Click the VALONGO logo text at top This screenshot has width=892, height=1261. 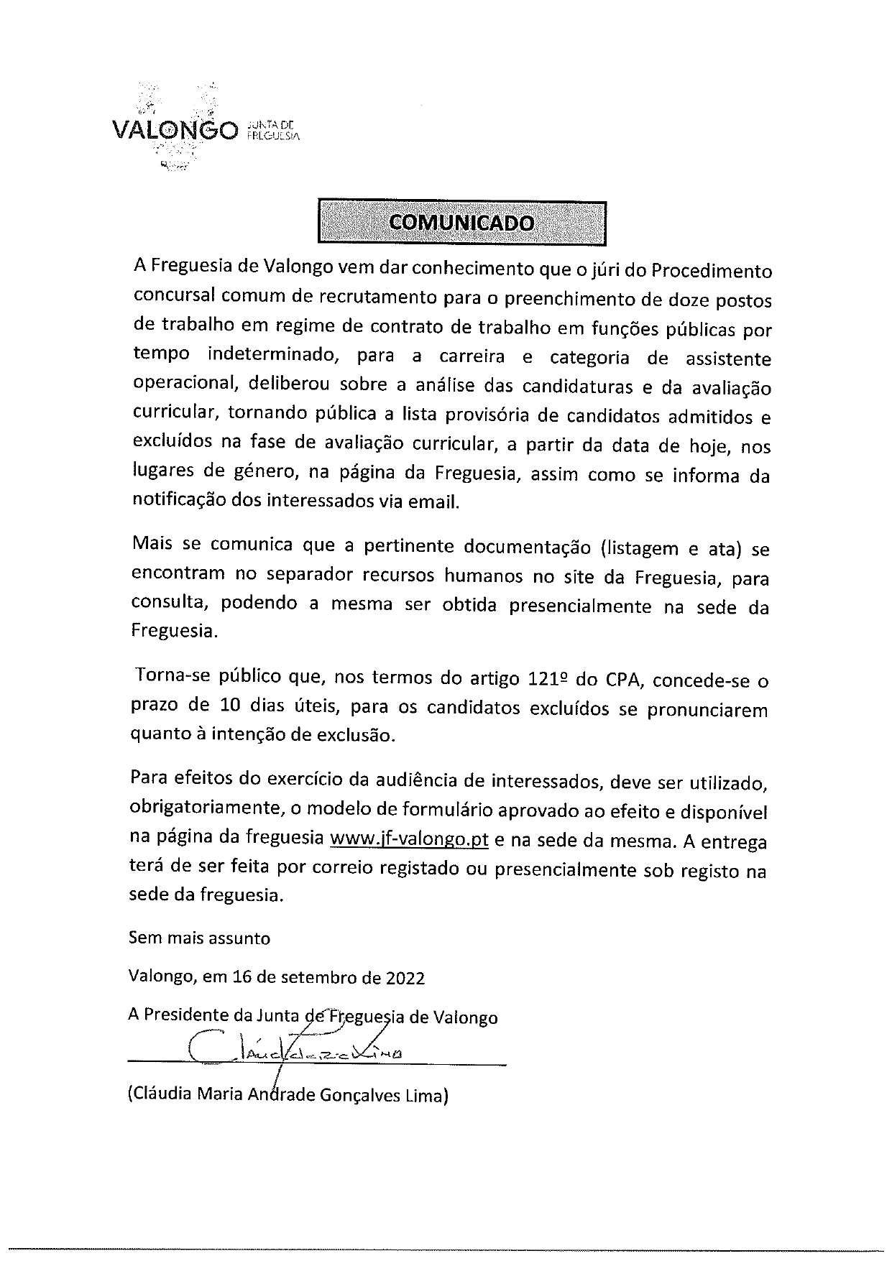pyautogui.click(x=175, y=131)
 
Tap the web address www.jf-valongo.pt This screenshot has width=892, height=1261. pyautogui.click(x=409, y=839)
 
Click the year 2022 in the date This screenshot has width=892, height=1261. pyautogui.click(x=405, y=978)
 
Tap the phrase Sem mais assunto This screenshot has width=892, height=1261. pyautogui.click(x=199, y=938)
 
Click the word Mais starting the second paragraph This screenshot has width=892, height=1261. pyautogui.click(x=152, y=545)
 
